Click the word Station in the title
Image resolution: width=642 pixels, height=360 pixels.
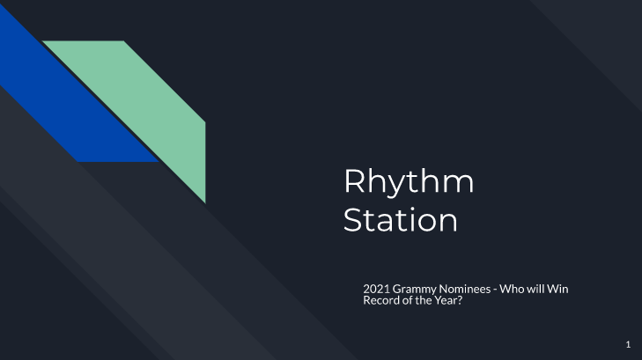tap(400, 219)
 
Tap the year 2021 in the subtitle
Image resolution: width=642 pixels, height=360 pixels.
tap(376, 289)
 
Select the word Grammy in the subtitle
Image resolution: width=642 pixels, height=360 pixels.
tap(415, 290)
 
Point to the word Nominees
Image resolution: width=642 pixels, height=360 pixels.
tap(465, 289)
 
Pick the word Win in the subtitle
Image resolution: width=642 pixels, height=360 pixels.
tap(557, 289)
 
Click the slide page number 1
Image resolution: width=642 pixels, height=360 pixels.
tap(628, 344)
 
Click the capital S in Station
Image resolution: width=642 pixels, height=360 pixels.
tap(353, 219)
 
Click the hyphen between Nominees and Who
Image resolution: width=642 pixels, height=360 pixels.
tap(495, 290)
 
